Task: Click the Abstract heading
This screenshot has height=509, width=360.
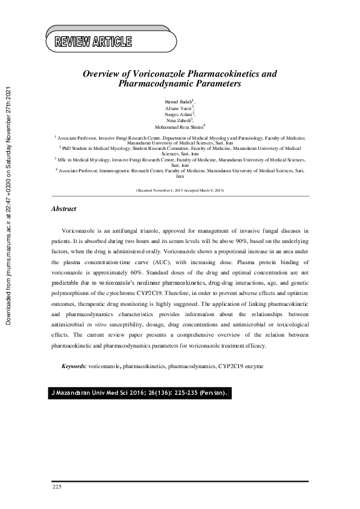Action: point(64,209)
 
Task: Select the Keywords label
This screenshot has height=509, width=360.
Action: point(74,366)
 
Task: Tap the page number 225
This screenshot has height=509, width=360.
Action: point(57,487)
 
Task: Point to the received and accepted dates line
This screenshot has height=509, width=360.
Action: point(180,190)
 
